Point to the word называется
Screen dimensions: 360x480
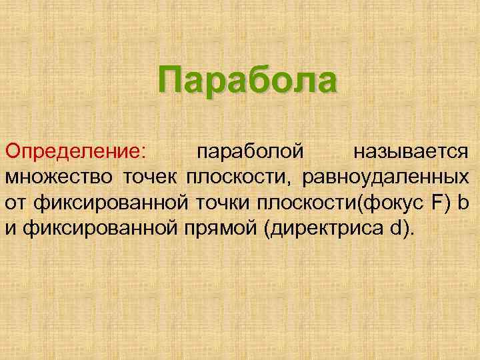[x=411, y=152]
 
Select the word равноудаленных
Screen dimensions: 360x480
[x=385, y=177]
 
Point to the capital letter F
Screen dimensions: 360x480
[x=433, y=203]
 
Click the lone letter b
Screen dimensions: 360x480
[x=463, y=203]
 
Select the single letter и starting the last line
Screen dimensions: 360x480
[x=11, y=228]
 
